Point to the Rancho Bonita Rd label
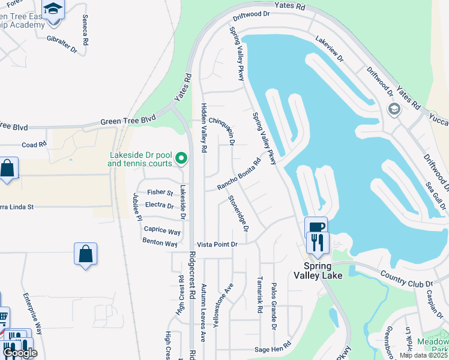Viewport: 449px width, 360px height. [240, 173]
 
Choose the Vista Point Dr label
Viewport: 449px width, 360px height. [218, 244]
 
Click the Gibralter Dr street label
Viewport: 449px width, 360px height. [62, 42]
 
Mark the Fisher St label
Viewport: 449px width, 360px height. [160, 193]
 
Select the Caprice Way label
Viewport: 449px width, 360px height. [162, 231]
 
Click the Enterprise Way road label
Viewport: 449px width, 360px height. [33, 314]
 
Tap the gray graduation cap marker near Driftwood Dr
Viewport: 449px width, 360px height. [394, 109]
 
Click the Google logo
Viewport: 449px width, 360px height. [20, 353]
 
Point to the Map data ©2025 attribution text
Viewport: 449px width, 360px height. [424, 355]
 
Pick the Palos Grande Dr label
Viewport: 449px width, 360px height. [273, 307]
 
